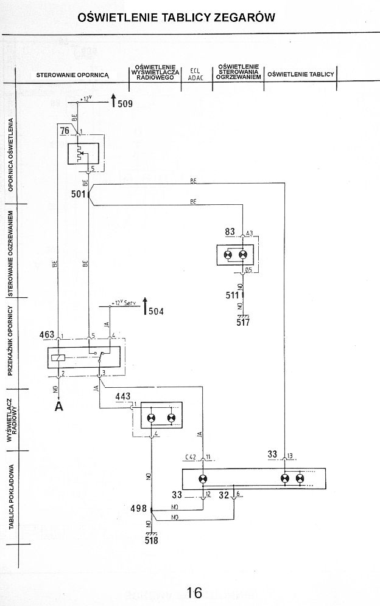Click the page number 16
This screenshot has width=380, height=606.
pos(194,593)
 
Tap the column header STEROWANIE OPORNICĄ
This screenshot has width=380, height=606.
pos(72,75)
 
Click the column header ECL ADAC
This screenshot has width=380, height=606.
pos(196,74)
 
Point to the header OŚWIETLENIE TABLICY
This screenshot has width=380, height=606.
pos(301,74)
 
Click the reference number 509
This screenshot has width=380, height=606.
pos(125,104)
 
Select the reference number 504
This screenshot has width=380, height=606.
pos(157,312)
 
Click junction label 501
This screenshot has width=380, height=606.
pos(79,195)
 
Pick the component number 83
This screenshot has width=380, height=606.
pos(230,232)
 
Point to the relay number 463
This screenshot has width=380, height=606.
pos(46,335)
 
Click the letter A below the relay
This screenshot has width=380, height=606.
pos(58,407)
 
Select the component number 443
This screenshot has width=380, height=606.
pos(123,397)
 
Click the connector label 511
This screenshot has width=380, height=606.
pos(232,295)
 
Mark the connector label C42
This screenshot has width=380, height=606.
pos(190,456)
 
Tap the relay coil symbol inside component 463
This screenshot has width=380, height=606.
pos(58,358)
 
